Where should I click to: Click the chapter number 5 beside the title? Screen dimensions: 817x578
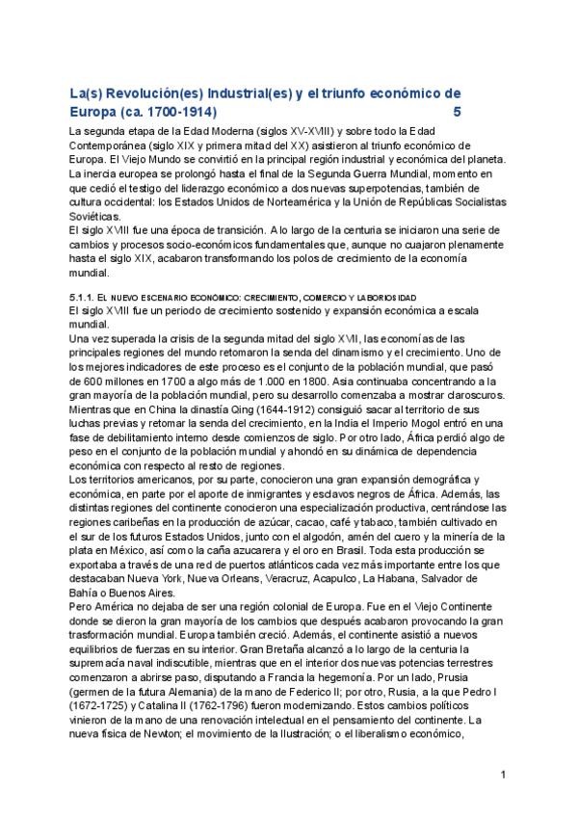pos(457,110)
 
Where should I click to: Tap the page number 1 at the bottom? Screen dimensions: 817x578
pos(503,775)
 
